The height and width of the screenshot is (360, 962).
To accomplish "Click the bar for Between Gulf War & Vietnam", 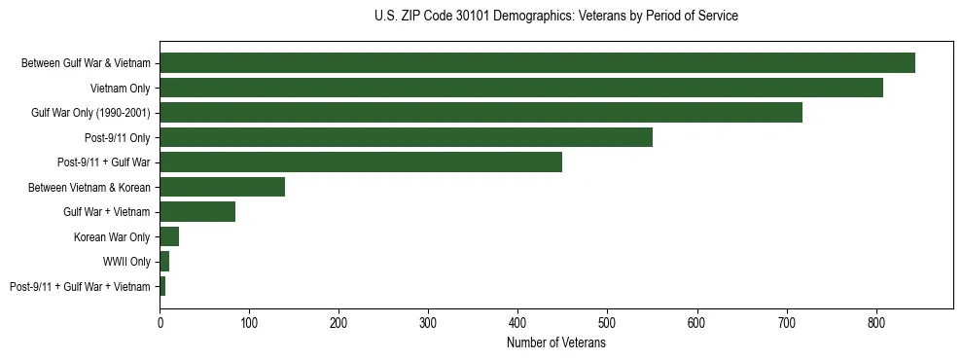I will pos(537,63).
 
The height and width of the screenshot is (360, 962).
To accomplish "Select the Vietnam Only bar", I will pos(521,88).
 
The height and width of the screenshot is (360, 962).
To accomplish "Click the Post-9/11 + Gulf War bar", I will pos(361,162).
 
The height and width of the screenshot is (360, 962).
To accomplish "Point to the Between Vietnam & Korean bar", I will pos(223,187).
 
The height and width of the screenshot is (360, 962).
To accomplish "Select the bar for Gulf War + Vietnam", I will pos(197,212).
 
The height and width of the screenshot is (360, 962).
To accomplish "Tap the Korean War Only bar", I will pos(169,236).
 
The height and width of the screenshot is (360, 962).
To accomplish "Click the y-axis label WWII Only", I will pos(126,262).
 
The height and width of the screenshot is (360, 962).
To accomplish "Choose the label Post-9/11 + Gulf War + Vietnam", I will pos(80,286).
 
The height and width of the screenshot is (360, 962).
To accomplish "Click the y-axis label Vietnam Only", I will pos(121,89).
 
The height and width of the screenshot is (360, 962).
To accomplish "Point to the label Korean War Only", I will pos(112,236).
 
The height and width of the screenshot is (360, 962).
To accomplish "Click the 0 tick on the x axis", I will pos(160,320).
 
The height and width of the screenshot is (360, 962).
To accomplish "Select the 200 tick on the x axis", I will pos(338,320).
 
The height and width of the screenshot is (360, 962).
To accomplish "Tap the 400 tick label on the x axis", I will pos(517,320).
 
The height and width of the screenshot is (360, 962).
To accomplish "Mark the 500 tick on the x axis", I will pos(607,320).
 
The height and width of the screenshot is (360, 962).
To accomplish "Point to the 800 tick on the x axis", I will pos(875,320).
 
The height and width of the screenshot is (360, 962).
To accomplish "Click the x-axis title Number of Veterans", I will pos(556,343).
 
